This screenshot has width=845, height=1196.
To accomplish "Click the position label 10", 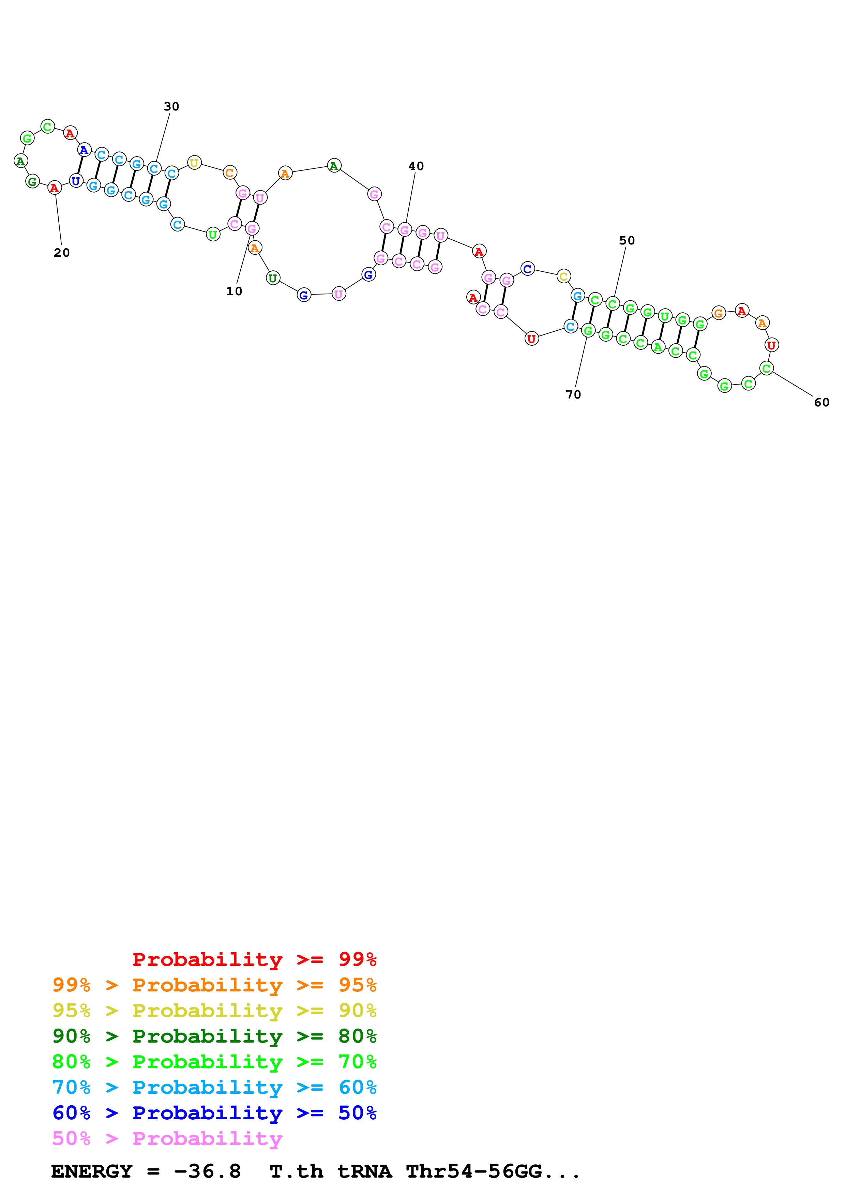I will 234,291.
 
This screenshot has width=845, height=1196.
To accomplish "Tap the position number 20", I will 61,253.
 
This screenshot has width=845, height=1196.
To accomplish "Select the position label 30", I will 171,106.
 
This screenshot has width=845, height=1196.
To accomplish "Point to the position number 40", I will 416,166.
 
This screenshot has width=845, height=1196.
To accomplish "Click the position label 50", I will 627,241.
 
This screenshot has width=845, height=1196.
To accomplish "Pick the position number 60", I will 821,403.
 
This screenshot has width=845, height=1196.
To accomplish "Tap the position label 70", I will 573,395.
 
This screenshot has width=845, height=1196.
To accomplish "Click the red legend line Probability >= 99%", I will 254,959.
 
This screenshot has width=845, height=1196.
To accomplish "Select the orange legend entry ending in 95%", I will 214,985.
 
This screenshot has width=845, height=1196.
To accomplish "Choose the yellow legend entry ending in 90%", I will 214,1011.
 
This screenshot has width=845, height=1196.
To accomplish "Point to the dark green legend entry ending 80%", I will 214,1036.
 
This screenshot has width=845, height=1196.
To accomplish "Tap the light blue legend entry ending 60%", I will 214,1087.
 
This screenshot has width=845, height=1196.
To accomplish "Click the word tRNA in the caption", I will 364,1171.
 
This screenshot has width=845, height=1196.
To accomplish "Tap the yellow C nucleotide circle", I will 563,276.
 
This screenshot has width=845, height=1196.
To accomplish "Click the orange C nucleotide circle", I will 230,173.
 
